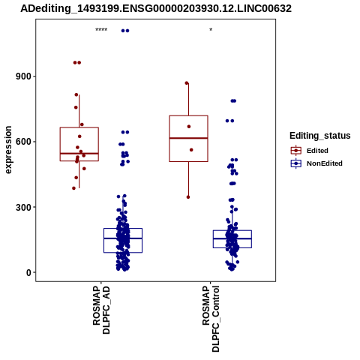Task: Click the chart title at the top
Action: pos(156,9)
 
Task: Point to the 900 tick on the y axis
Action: pos(24,76)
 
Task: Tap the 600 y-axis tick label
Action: pos(24,142)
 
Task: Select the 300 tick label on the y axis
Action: pos(24,207)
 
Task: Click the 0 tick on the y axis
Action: pos(29,273)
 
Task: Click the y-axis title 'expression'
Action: pos(8,150)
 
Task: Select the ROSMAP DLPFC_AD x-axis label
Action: pos(101,310)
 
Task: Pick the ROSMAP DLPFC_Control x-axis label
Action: pos(211,319)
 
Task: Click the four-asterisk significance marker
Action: pos(101,30)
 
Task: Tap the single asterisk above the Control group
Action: pos(211,30)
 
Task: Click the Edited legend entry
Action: pos(310,151)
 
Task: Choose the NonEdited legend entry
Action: pos(316,163)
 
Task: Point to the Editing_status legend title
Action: pos(320,136)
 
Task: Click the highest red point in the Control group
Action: pos(187,83)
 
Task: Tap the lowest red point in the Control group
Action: pos(188,197)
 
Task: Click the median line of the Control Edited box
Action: pos(189,138)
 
